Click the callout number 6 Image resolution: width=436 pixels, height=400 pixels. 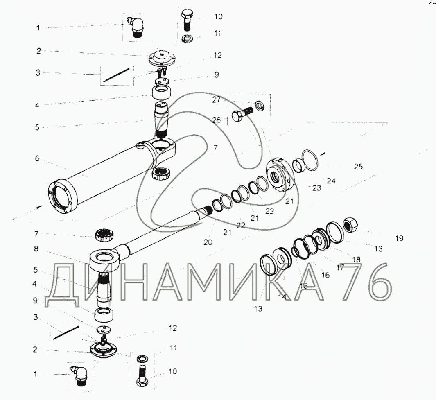click(x=37, y=158)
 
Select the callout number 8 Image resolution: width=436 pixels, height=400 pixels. click(x=36, y=249)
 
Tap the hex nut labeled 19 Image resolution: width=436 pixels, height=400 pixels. click(x=350, y=224)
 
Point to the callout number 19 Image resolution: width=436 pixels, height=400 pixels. click(x=399, y=238)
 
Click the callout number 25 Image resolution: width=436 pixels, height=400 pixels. click(x=358, y=167)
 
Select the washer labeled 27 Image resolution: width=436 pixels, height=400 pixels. click(x=260, y=106)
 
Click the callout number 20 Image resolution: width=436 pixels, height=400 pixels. click(x=208, y=242)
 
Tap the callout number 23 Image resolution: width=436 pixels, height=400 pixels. click(x=316, y=188)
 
